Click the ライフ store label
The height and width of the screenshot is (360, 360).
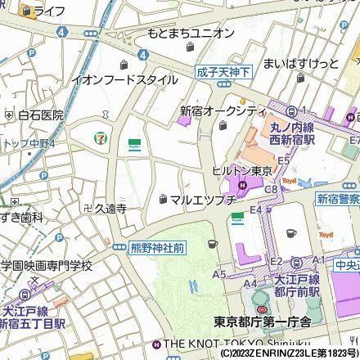(49, 11)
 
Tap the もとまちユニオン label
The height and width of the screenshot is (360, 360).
(191, 33)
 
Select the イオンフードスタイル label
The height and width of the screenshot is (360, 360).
(125, 79)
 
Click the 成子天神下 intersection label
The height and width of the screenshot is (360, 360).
(223, 72)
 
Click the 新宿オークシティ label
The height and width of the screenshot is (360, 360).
(223, 110)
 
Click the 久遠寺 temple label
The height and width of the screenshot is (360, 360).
(105, 209)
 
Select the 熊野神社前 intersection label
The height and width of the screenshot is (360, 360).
(156, 246)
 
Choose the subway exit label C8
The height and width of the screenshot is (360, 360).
(271, 189)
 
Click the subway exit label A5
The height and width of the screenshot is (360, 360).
(219, 275)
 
